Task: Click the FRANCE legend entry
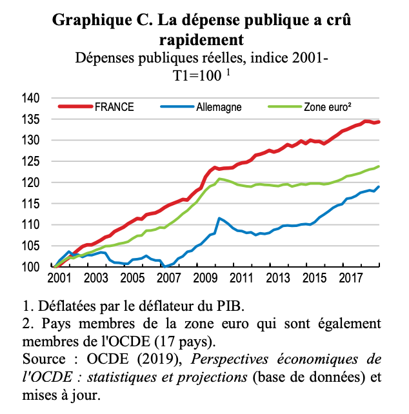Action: point(114,107)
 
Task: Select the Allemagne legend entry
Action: point(219,107)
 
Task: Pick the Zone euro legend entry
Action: point(327,107)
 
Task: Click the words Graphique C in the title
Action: point(101,20)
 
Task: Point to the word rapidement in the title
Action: point(203,39)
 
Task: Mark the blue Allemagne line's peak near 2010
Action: point(219,218)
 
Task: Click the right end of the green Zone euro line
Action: point(379,166)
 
